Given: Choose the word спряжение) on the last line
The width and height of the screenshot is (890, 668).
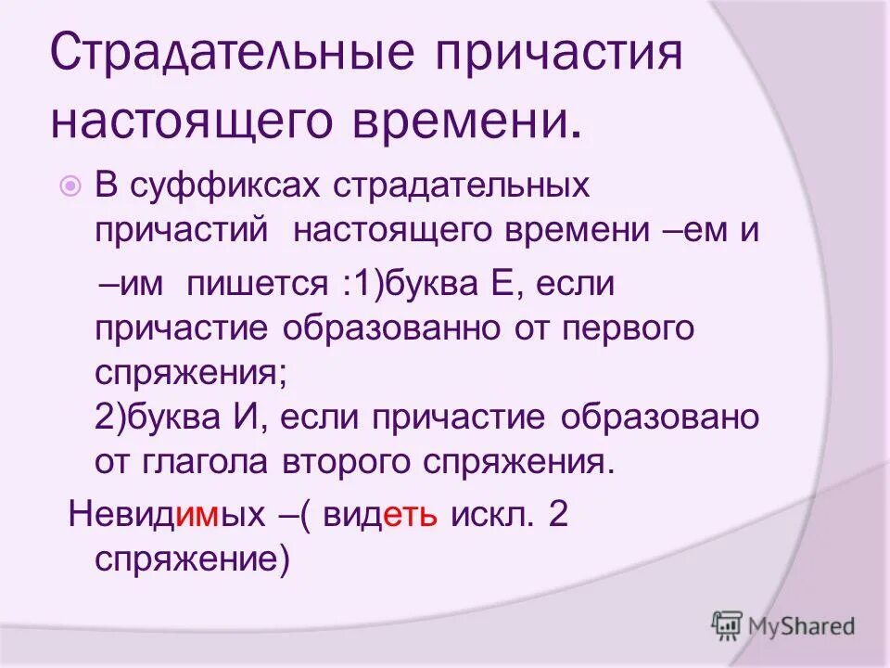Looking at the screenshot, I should pyautogui.click(x=193, y=560).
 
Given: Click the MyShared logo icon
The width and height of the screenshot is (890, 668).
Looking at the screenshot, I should pyautogui.click(x=727, y=625).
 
